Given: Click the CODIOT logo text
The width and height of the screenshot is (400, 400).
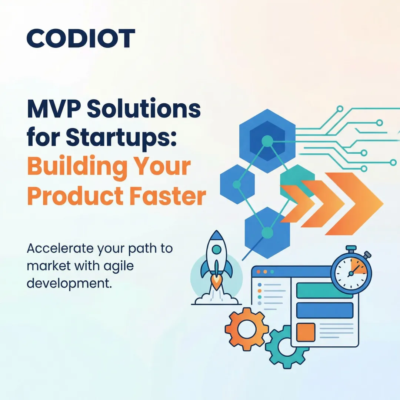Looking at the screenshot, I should coord(81,39).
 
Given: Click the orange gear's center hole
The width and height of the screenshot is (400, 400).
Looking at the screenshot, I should coord(246,329).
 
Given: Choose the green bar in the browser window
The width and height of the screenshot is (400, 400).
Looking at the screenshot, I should coord(324,291).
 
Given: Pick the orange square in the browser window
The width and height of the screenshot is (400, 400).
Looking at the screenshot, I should coord(306,332).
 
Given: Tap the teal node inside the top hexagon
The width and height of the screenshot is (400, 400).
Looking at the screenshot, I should coord(267,140).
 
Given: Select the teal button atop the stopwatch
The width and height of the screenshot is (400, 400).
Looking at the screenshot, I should coord(351,248).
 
